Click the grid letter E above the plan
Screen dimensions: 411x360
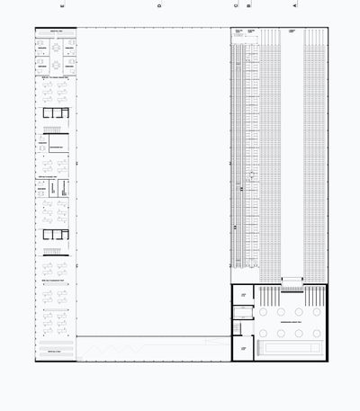(x=62, y=5)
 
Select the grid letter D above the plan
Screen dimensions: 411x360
(x=159, y=5)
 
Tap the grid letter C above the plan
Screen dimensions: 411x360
(x=236, y=5)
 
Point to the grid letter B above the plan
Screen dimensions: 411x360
(x=249, y=5)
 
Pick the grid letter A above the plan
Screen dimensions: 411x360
(x=294, y=5)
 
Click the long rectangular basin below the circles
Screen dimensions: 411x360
(x=289, y=347)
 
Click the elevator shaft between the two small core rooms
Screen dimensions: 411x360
(x=243, y=314)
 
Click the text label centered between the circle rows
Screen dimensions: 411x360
(x=289, y=321)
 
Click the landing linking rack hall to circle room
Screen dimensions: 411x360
(x=292, y=281)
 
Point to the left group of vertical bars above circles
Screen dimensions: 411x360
(x=267, y=294)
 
